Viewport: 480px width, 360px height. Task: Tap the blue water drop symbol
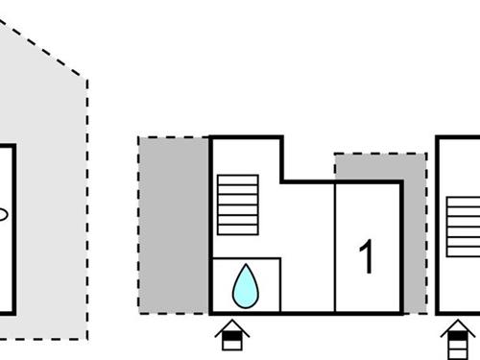pyautogui.click(x=246, y=286)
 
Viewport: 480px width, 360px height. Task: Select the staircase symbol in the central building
pyautogui.click(x=237, y=204)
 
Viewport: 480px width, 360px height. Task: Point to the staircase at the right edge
pyautogui.click(x=464, y=227)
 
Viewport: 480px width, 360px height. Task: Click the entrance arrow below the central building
pyautogui.click(x=231, y=338)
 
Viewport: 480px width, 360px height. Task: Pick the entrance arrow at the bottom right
pyautogui.click(x=459, y=339)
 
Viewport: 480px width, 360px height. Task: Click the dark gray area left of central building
pyautogui.click(x=174, y=225)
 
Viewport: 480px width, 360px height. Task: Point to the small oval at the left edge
pyautogui.click(x=3, y=215)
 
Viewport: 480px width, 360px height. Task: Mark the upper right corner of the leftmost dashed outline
pyautogui.click(x=87, y=78)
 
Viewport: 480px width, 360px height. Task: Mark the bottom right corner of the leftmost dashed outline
pyautogui.click(x=87, y=338)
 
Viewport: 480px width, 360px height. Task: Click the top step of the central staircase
pyautogui.click(x=237, y=179)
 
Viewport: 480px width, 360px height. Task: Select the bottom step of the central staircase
pyautogui.click(x=237, y=228)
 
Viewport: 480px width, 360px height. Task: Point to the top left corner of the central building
pyautogui.click(x=211, y=138)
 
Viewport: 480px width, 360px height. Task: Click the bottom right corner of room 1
pyautogui.click(x=401, y=312)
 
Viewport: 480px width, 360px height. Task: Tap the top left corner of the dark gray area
pyautogui.click(x=140, y=138)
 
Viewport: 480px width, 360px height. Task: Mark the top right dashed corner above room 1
pyautogui.click(x=425, y=154)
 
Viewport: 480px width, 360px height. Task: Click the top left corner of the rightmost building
pyautogui.click(x=439, y=138)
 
